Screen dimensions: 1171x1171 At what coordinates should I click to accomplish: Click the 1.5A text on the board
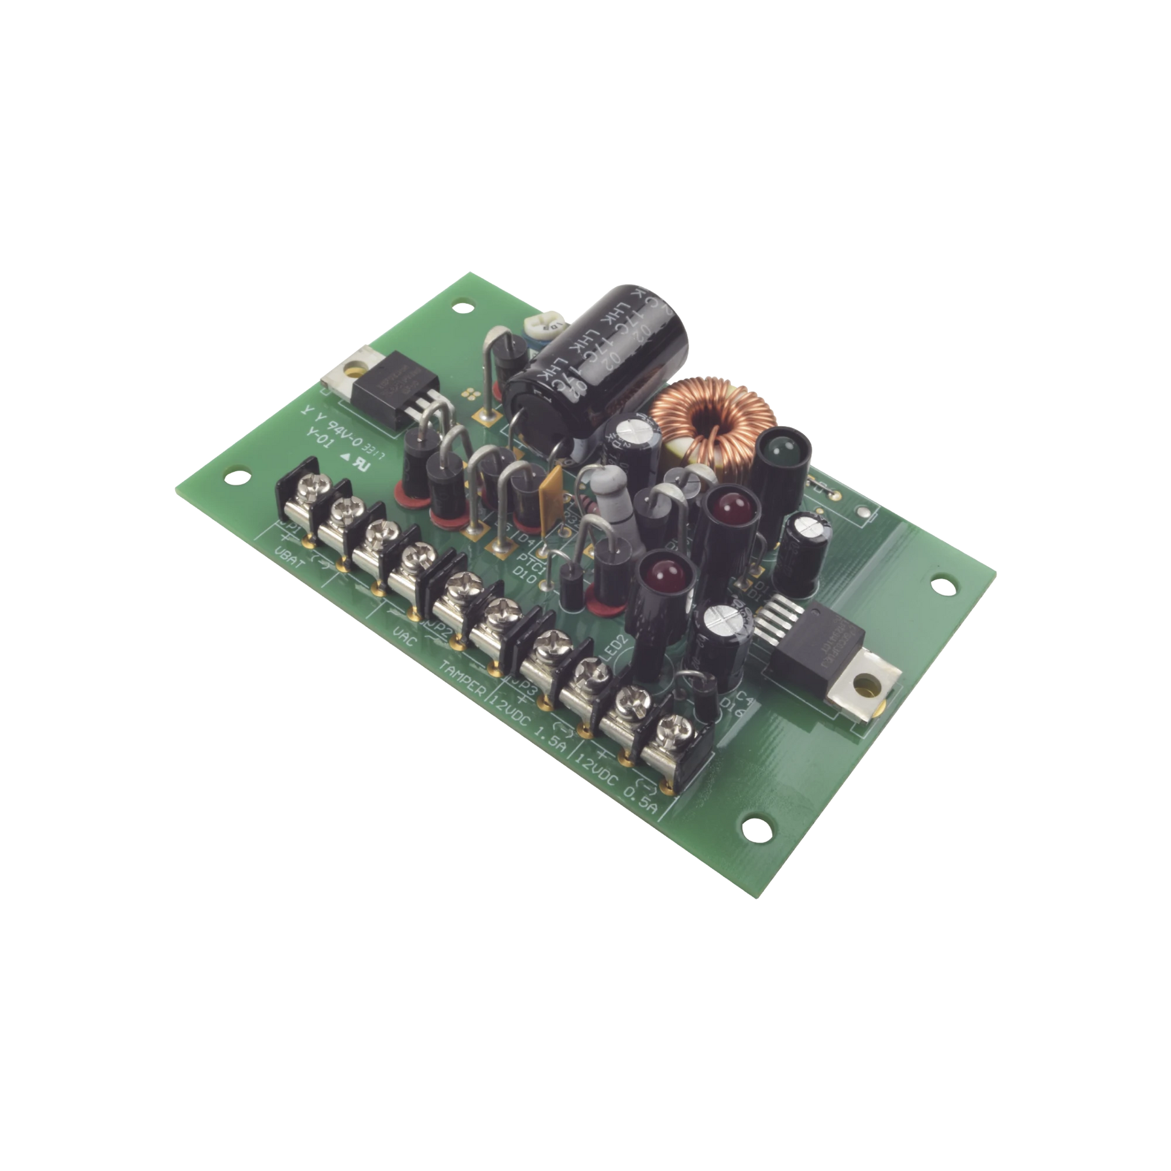[549, 738]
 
